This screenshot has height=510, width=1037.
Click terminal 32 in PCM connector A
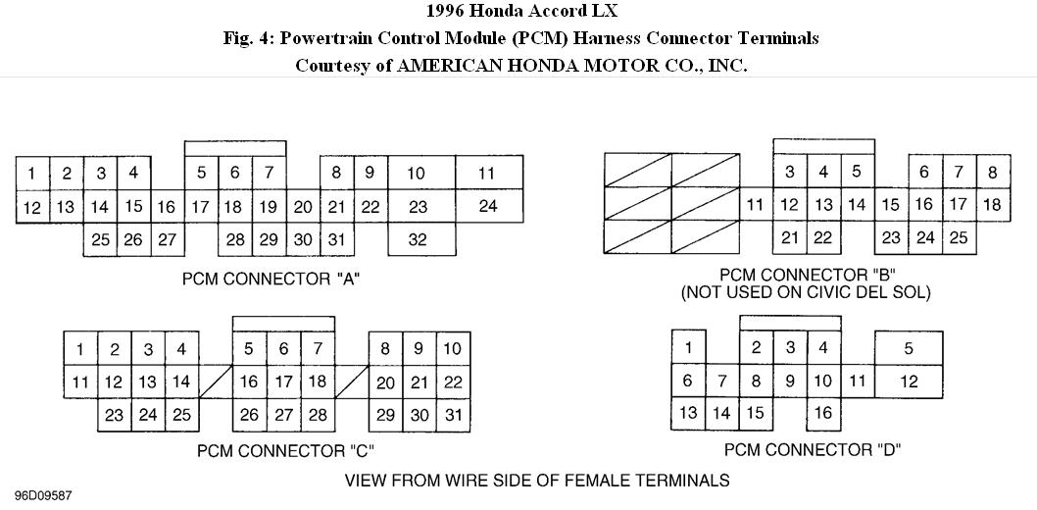coord(418,239)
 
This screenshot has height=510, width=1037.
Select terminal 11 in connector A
coord(487,174)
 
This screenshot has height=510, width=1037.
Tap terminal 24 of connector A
coord(487,206)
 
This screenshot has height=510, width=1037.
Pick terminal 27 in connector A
coord(167,239)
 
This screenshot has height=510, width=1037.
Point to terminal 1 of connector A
coord(31,174)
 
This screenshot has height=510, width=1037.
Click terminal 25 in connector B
coord(959,237)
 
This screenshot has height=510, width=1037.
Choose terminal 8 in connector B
coord(992,172)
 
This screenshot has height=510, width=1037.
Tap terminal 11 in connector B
coord(755,205)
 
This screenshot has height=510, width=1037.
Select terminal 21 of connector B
coord(790,237)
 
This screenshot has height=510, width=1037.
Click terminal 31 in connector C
coord(452,415)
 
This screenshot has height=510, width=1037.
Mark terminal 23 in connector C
coord(115,415)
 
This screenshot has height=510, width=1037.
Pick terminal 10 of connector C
coord(452,348)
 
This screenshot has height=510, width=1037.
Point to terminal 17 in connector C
coord(283,382)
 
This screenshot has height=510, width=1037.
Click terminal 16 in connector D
coord(822,413)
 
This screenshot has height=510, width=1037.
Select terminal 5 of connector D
coord(909,348)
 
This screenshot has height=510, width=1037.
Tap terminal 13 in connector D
coord(688,413)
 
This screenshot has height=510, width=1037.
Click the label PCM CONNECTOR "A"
coord(272,279)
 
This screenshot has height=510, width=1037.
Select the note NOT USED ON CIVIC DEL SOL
coord(807,292)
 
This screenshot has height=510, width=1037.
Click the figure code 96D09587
coord(43,496)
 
